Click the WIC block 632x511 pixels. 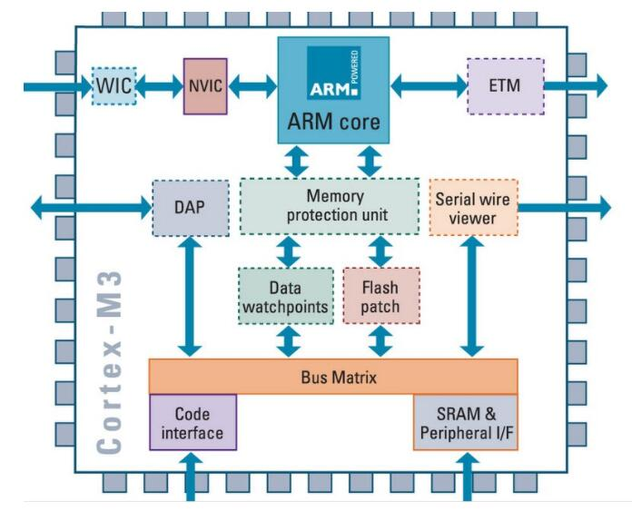pyautogui.click(x=114, y=87)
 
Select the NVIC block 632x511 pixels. pyautogui.click(x=204, y=86)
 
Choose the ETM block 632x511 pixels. pyautogui.click(x=504, y=86)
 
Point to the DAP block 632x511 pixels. pyautogui.click(x=189, y=207)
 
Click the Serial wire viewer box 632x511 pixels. pyautogui.click(x=471, y=208)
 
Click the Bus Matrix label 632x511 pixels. pyautogui.click(x=332, y=375)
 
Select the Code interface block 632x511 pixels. pyautogui.click(x=193, y=422)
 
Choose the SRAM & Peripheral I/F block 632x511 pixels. pyautogui.click(x=465, y=422)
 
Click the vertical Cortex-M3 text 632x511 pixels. pyautogui.click(x=110, y=363)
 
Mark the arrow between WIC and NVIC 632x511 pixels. pyautogui.click(x=160, y=87)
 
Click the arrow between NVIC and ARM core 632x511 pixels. pyautogui.click(x=252, y=87)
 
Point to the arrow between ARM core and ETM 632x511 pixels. pyautogui.click(x=429, y=87)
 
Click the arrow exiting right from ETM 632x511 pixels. pyautogui.click(x=575, y=87)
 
